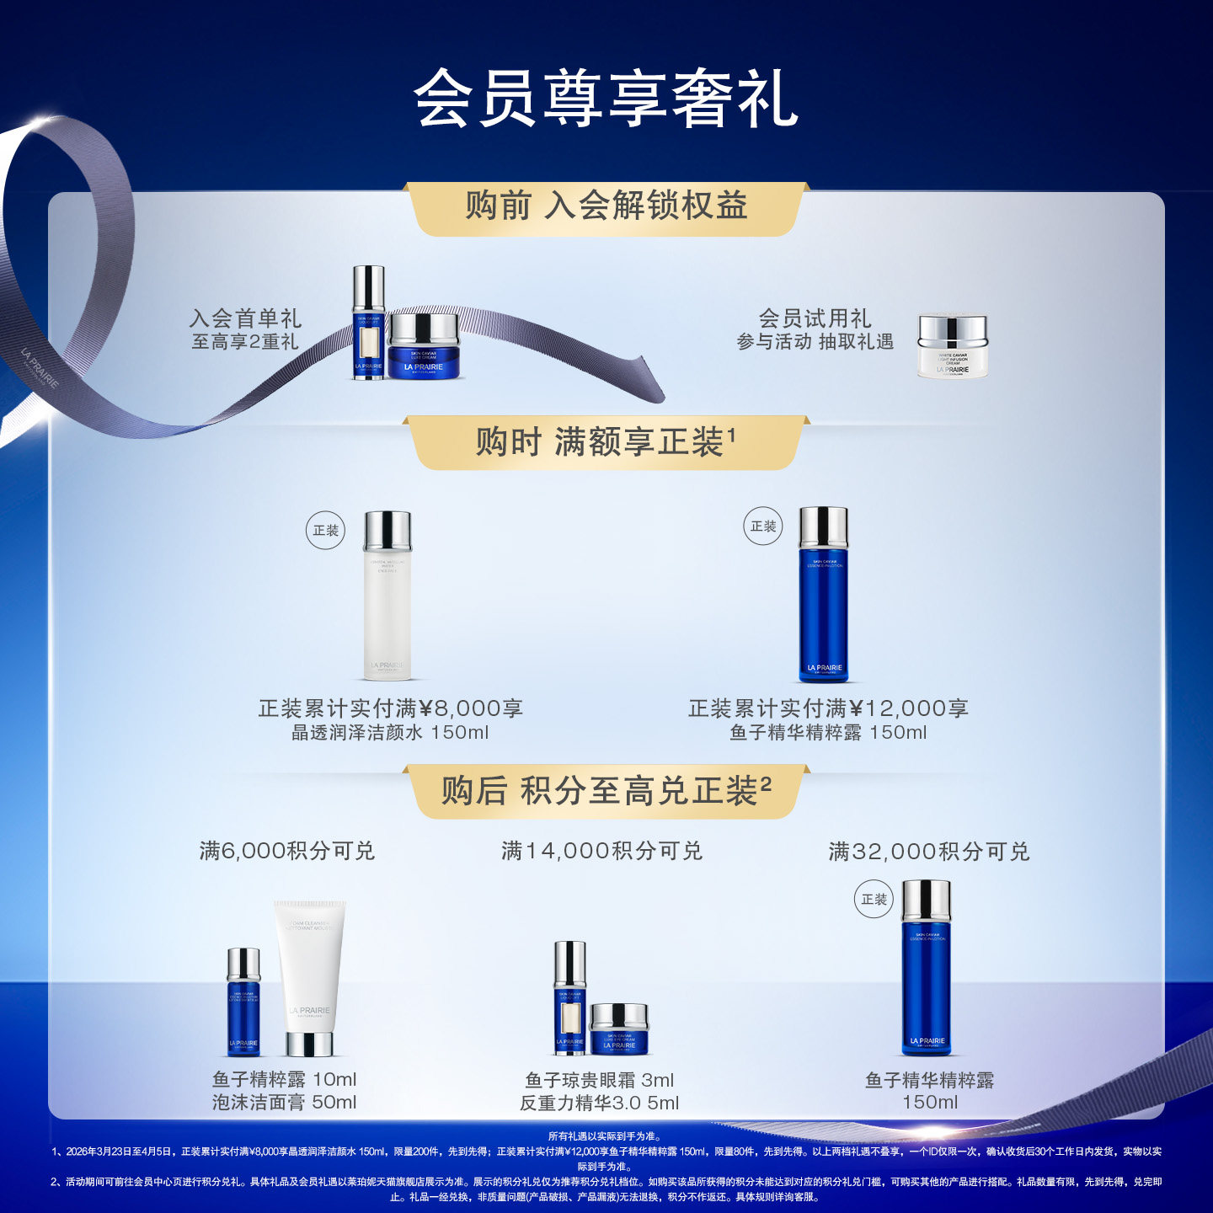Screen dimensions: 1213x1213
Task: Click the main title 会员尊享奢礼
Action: coord(606,99)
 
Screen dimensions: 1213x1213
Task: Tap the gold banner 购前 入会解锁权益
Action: coord(606,206)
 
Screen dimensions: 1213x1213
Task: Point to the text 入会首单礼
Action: coord(245,318)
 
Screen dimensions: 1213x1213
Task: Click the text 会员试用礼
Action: coord(815,318)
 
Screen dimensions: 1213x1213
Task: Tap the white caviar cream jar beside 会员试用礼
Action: coord(952,346)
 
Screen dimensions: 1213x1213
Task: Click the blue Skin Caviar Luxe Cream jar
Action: coord(424,347)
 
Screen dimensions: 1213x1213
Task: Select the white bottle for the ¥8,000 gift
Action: coord(387,595)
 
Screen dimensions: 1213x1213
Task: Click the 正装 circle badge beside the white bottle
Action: coord(325,531)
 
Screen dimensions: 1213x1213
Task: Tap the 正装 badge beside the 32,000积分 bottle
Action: coord(874,900)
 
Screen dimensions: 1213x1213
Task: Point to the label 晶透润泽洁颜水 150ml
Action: coord(389,733)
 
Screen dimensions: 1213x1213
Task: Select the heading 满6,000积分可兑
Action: coord(286,851)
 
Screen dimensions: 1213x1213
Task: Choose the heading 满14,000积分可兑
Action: coord(601,851)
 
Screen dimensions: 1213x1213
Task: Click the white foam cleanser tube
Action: coord(309,977)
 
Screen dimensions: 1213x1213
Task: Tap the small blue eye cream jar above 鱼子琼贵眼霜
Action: coord(619,1029)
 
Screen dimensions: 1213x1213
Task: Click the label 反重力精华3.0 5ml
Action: coord(599,1103)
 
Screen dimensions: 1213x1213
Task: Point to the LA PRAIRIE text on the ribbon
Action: coord(40,369)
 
